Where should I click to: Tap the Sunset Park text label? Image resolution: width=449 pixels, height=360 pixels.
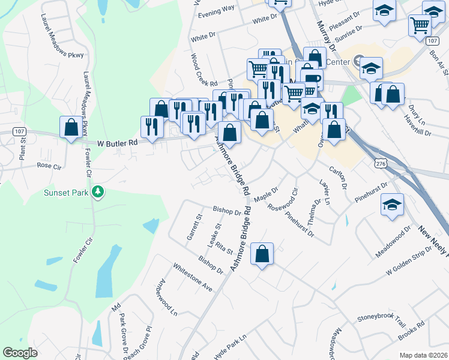[66, 193]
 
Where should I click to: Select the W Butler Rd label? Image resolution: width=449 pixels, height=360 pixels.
[117, 143]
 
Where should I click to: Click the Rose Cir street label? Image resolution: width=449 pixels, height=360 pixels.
[49, 165]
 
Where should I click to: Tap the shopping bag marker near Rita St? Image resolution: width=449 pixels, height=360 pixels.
[262, 254]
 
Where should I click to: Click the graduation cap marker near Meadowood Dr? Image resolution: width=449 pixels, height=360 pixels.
[391, 205]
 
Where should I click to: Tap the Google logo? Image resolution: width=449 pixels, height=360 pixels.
[20, 353]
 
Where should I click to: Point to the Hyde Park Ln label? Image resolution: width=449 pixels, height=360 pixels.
[231, 346]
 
